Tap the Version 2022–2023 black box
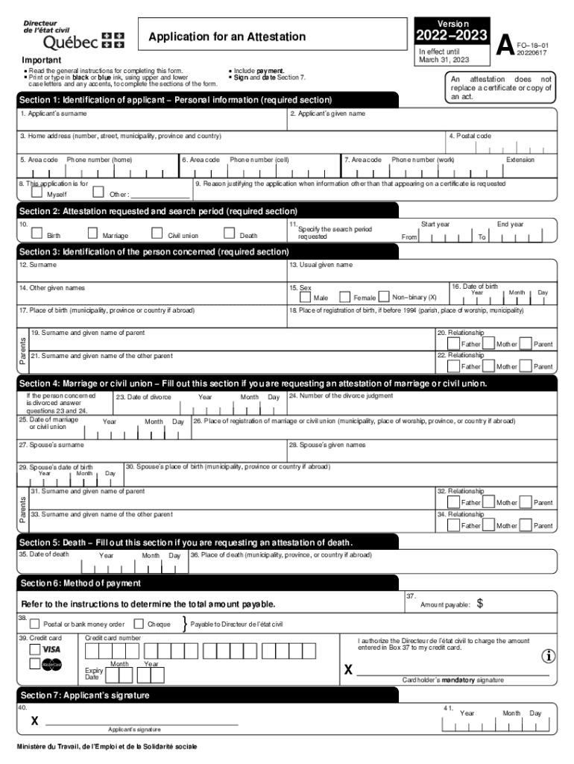pyautogui.click(x=452, y=31)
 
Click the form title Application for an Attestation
pyautogui.click(x=227, y=37)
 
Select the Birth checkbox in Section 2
pyautogui.click(x=37, y=234)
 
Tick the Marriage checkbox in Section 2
pyautogui.click(x=93, y=234)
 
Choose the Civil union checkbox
pyautogui.click(x=157, y=234)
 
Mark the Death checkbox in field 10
pyautogui.click(x=230, y=234)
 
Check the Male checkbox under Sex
pyautogui.click(x=304, y=296)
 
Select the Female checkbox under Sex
pyautogui.click(x=344, y=296)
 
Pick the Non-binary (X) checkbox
pyautogui.click(x=384, y=296)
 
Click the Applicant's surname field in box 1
pyautogui.click(x=153, y=122)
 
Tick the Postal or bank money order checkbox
pyautogui.click(x=34, y=624)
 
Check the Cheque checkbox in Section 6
pyautogui.click(x=139, y=624)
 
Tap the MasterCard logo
pyautogui.click(x=51, y=665)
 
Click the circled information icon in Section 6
pyautogui.click(x=549, y=656)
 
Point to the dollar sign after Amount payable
pyautogui.click(x=480, y=604)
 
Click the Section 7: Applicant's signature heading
pyautogui.click(x=84, y=695)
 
